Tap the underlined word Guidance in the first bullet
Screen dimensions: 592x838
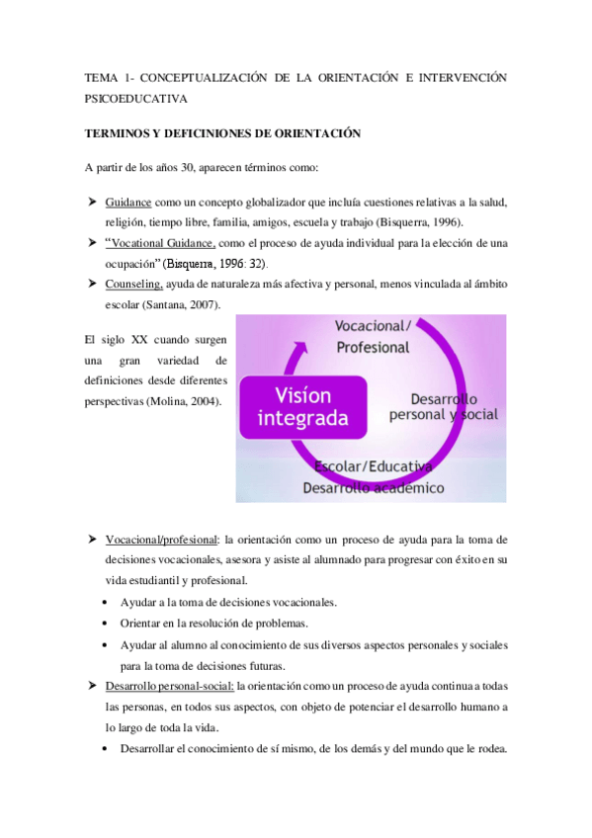click(129, 202)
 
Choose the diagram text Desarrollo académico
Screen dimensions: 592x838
click(373, 487)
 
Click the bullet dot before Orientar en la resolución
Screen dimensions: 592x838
click(107, 624)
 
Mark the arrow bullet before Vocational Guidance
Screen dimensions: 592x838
click(90, 243)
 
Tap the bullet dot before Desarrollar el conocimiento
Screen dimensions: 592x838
click(107, 748)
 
